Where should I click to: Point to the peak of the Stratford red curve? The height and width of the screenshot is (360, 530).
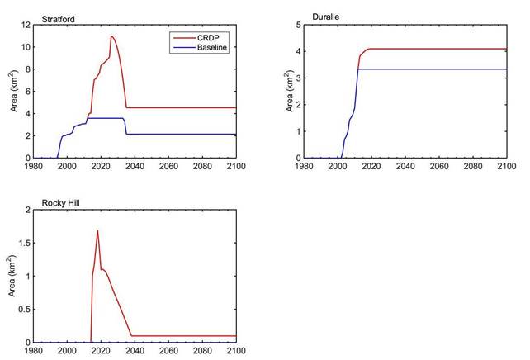[111, 36]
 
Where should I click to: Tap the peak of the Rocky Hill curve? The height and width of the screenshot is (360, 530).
[97, 230]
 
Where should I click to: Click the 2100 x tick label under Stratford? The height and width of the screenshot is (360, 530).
[236, 166]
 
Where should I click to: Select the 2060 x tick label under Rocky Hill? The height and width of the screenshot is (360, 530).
[168, 351]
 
